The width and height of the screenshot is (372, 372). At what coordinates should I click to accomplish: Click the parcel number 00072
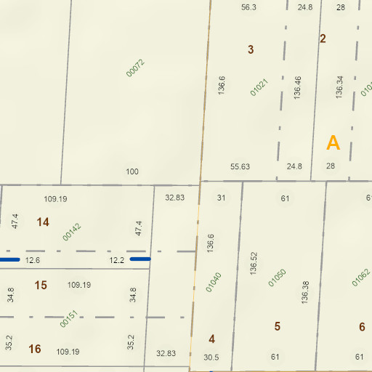pos(136,68)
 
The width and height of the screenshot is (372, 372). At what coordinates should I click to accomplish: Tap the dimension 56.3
pos(249,7)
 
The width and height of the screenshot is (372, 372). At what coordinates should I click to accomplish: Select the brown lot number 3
pos(251,50)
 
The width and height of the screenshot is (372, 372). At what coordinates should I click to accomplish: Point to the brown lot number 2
pos(323,39)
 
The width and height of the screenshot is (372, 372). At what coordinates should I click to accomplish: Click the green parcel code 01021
pos(259,88)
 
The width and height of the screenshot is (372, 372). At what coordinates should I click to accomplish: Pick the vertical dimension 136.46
pos(297,88)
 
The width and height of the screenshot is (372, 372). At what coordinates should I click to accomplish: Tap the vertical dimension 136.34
pos(339,88)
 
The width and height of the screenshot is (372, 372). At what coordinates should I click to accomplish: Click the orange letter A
pos(333,143)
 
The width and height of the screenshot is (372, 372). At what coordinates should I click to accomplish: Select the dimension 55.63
pos(240,167)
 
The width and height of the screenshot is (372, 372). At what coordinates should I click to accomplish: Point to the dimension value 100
pos(132,172)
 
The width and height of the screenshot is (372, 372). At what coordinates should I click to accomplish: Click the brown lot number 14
pos(43,222)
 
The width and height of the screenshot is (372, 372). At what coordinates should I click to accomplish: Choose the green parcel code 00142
pos(72,231)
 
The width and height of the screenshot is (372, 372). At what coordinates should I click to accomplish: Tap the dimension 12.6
pos(33,260)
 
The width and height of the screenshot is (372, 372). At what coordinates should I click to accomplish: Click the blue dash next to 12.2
pos(140,259)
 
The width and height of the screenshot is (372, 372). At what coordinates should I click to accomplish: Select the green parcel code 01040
pos(213,282)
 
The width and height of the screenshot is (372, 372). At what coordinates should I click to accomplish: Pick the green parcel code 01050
pos(278,278)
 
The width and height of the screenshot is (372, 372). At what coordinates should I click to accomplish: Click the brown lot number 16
pos(35,349)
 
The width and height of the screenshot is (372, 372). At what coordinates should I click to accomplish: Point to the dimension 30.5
pos(211,357)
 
